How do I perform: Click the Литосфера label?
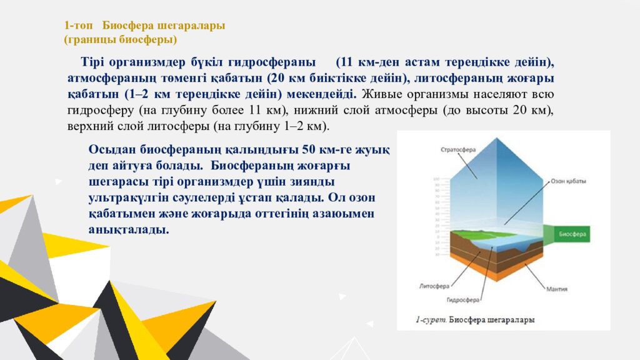[x=434, y=286]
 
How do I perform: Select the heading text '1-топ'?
[x=79, y=26]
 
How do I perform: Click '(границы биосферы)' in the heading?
[x=120, y=39]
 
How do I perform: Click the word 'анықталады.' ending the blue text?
[x=129, y=229]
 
